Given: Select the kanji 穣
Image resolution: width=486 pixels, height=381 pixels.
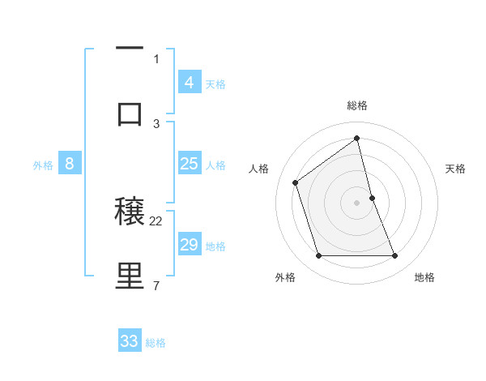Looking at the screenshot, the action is pyautogui.click(x=130, y=212).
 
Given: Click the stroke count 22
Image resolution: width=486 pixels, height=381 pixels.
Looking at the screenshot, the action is pyautogui.click(x=156, y=220).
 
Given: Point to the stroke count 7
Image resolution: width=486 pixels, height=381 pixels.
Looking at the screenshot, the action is pyautogui.click(x=156, y=285).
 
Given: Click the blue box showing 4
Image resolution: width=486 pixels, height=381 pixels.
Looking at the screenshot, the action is pyautogui.click(x=189, y=83).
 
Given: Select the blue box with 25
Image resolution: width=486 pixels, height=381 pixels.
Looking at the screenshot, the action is pyautogui.click(x=189, y=164).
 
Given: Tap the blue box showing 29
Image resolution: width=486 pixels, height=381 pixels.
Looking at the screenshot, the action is pyautogui.click(x=189, y=245).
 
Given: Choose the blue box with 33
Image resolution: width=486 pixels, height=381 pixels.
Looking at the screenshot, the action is pyautogui.click(x=130, y=341).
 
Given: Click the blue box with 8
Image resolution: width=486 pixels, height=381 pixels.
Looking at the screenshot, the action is pyautogui.click(x=70, y=164).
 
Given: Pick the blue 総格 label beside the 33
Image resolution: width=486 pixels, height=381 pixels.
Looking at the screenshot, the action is pyautogui.click(x=156, y=343).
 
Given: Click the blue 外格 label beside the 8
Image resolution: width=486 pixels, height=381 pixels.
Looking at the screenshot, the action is pyautogui.click(x=43, y=165).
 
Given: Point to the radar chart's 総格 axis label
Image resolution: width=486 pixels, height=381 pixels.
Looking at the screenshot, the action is pyautogui.click(x=357, y=105).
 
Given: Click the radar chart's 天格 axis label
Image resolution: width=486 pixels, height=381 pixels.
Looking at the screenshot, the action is pyautogui.click(x=455, y=169).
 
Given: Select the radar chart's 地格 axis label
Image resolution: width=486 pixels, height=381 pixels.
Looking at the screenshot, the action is pyautogui.click(x=424, y=277).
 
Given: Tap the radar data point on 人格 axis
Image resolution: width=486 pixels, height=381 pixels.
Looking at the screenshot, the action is pyautogui.click(x=296, y=182).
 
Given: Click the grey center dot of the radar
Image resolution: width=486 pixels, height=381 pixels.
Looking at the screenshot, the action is pyautogui.click(x=357, y=203).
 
